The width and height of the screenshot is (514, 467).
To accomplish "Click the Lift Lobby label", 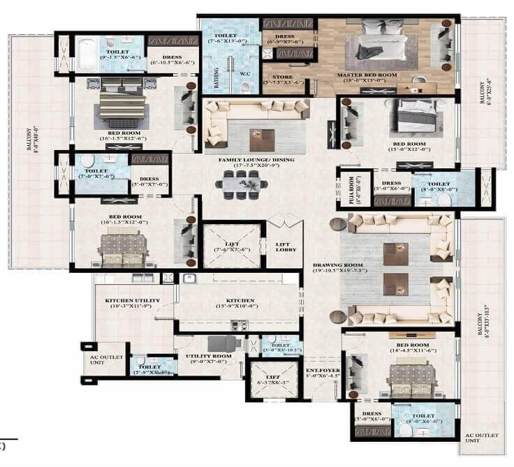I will pyautogui.click(x=285, y=246).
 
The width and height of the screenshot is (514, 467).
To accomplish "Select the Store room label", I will pyautogui.click(x=282, y=77).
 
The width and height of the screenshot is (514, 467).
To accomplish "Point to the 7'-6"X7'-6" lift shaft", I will pyautogui.click(x=231, y=246).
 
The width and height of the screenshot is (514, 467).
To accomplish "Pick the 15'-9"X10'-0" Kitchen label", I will pyautogui.click(x=235, y=301).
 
